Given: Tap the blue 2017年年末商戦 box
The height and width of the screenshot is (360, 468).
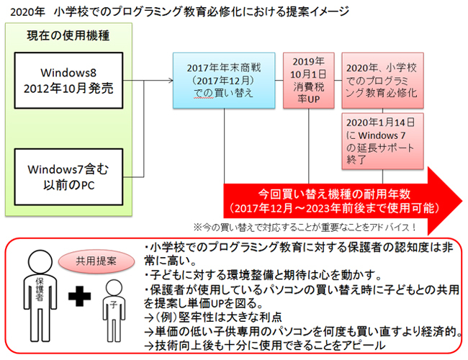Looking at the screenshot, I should coord(225,81).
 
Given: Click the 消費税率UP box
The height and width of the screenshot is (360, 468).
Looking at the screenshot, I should coord(310,81).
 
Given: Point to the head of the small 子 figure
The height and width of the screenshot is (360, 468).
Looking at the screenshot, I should coord(113,289).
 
